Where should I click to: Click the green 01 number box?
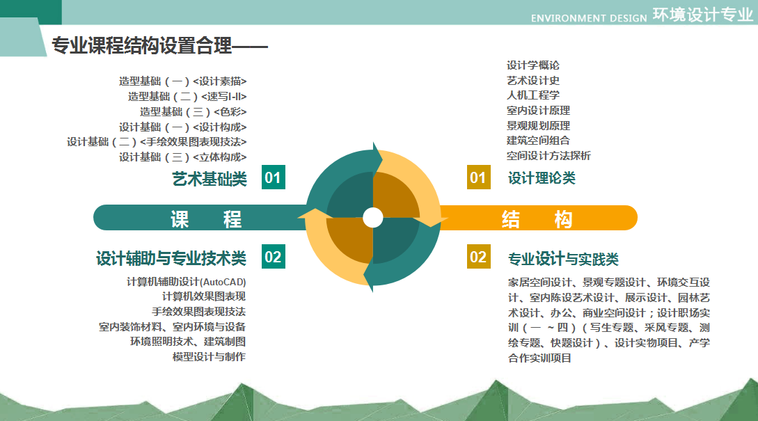[x=273, y=177]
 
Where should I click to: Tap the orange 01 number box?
[x=479, y=177]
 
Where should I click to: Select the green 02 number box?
[x=273, y=256]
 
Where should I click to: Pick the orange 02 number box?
[x=479, y=256]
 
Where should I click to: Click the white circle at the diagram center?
[x=372, y=218]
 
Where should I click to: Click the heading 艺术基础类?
[x=210, y=179]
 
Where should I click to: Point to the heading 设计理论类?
[x=542, y=178]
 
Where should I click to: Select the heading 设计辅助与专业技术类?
[x=171, y=259]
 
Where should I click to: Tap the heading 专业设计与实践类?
[x=563, y=259]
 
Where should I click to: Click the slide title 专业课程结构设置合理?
[x=141, y=46]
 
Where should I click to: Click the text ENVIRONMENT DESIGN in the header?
[x=589, y=18]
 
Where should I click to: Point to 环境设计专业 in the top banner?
[x=703, y=15]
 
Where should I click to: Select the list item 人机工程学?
[x=533, y=95]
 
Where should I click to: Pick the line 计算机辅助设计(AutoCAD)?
[x=186, y=282]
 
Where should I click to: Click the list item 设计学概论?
[x=533, y=65]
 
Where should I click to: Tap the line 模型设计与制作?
[x=209, y=357]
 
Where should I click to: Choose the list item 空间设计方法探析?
[x=548, y=156]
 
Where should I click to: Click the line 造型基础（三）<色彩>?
[x=194, y=111]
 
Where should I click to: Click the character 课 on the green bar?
[x=180, y=219]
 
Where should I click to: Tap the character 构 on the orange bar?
[x=563, y=219]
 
